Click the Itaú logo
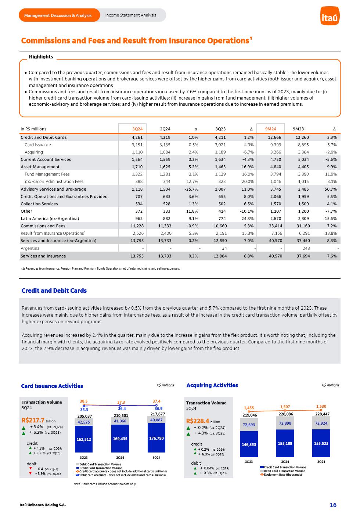[330, 16]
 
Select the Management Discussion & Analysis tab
[58, 15]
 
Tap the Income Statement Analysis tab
[130, 15]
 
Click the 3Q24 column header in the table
[137, 129]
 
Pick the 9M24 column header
[271, 129]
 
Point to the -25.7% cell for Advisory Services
[191, 189]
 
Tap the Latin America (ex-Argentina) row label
[50, 219]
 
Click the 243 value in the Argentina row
[306, 248]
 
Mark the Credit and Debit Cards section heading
[54, 291]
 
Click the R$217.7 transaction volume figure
[33, 420]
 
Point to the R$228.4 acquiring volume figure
[197, 421]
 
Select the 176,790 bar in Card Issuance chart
[156, 438]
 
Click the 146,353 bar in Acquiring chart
[249, 444]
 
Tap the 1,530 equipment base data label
[321, 406]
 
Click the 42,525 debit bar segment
[84, 422]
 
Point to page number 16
[333, 505]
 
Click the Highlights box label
[41, 57]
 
